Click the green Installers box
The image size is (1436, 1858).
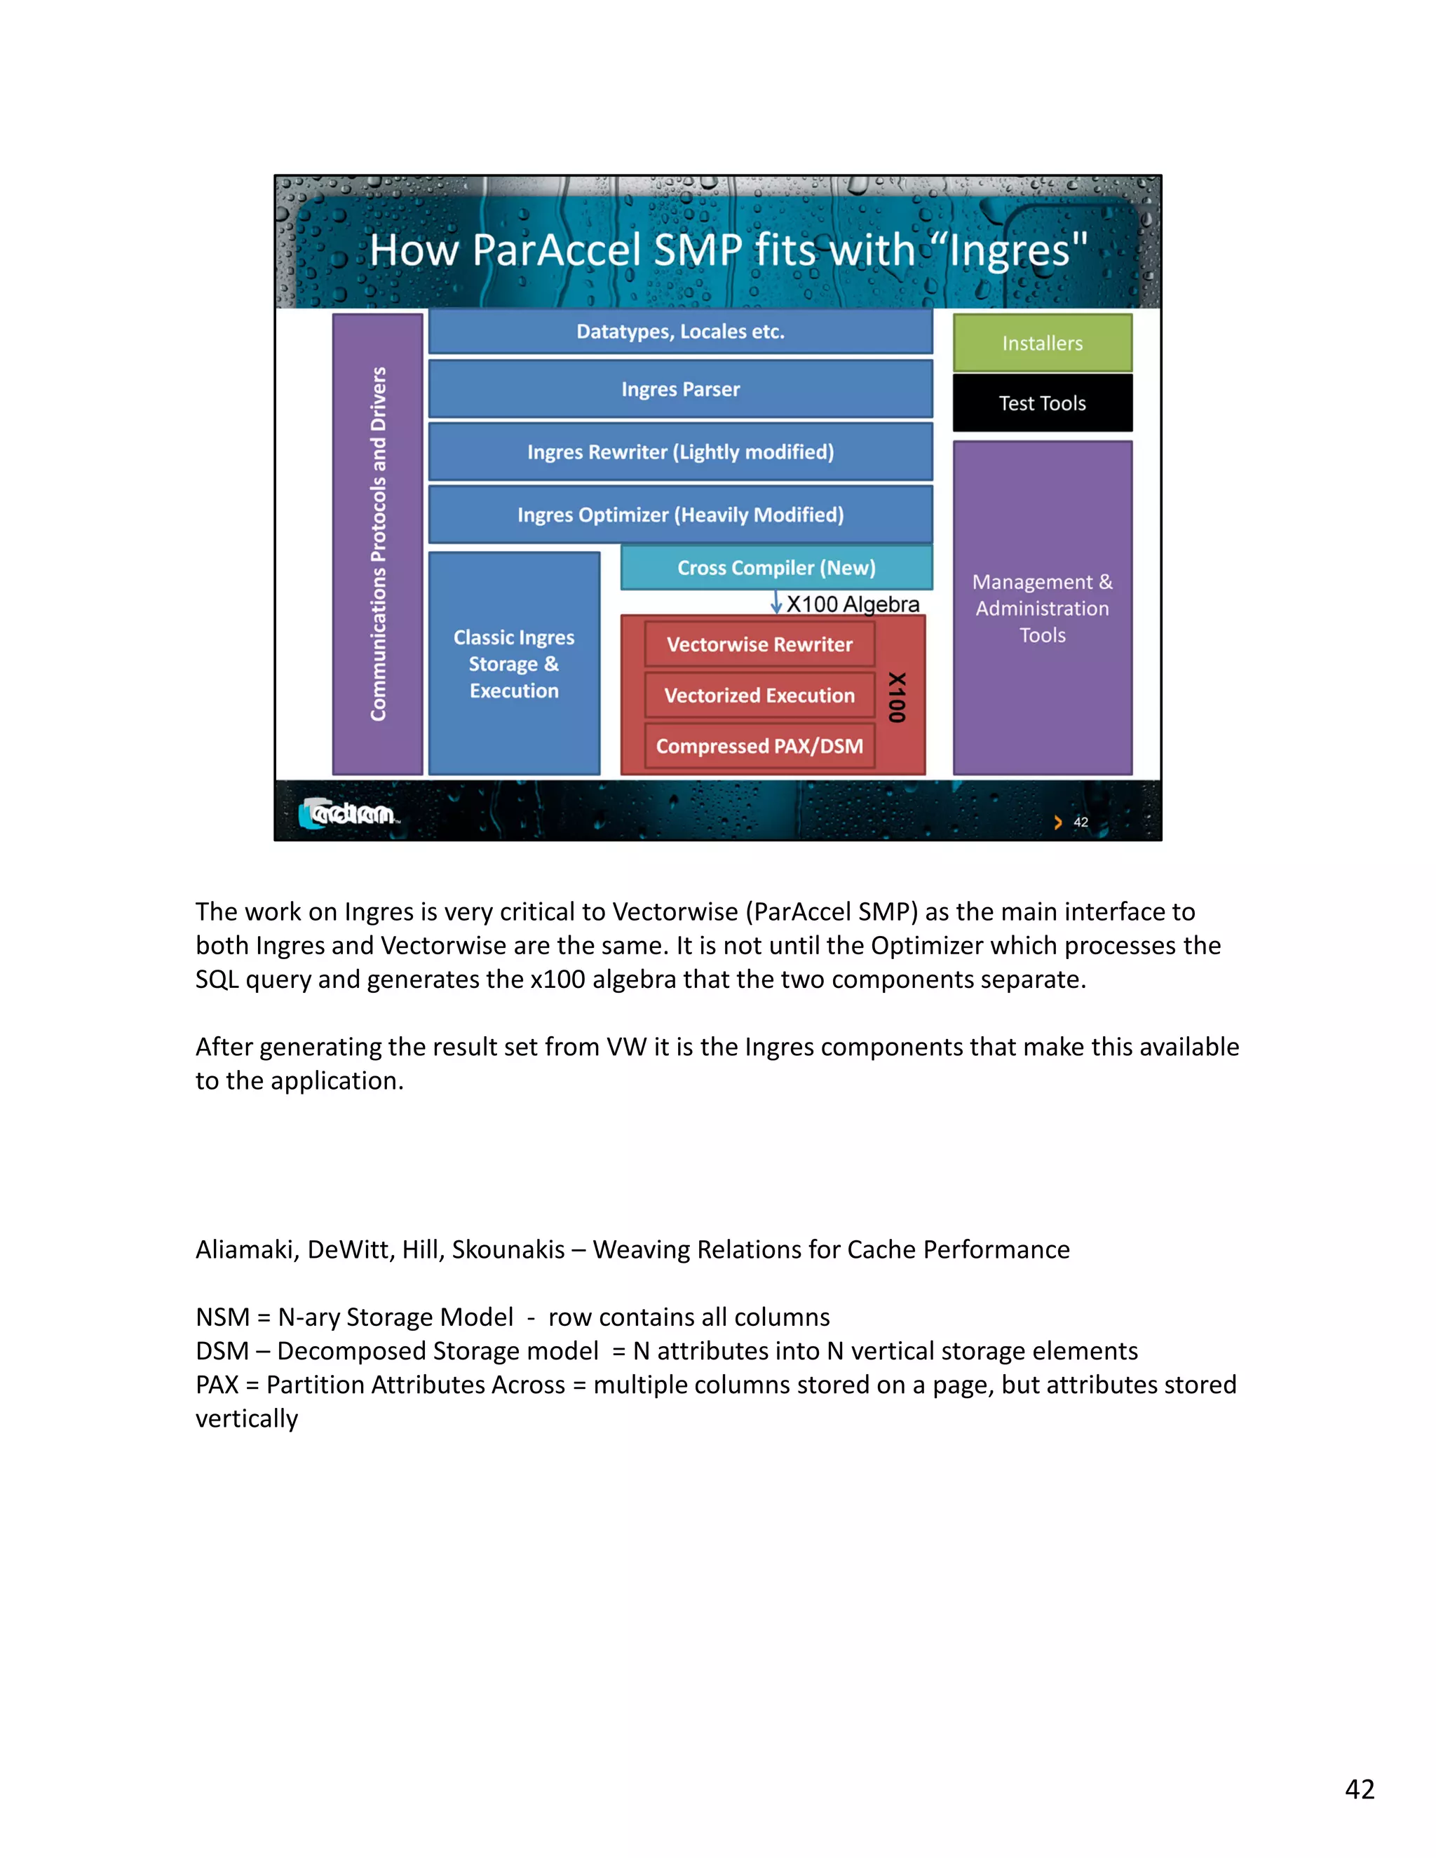tap(1042, 343)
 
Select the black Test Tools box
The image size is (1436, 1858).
tap(1042, 403)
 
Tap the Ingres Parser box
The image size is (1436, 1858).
tap(681, 389)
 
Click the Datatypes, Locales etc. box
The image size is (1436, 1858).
tap(681, 331)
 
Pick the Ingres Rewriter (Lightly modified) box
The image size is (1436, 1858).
tap(681, 452)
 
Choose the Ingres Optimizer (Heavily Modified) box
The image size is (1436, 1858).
tap(681, 515)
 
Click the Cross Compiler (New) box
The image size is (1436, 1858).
tap(776, 567)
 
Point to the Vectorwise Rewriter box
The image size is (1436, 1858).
tap(759, 644)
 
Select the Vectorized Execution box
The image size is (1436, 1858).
tap(759, 695)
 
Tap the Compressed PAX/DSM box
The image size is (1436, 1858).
tap(759, 746)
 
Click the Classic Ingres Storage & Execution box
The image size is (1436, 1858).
tap(514, 663)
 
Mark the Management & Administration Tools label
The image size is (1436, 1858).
tap(1042, 609)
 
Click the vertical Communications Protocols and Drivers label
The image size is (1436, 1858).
tap(378, 545)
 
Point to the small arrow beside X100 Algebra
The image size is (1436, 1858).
tap(776, 603)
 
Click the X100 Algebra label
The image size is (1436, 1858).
tap(853, 604)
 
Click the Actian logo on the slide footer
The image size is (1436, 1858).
tap(348, 814)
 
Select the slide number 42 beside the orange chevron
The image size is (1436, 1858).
tap(1081, 822)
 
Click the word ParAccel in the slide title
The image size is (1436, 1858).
tap(556, 250)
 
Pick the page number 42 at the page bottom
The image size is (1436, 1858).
tap(1360, 1789)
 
